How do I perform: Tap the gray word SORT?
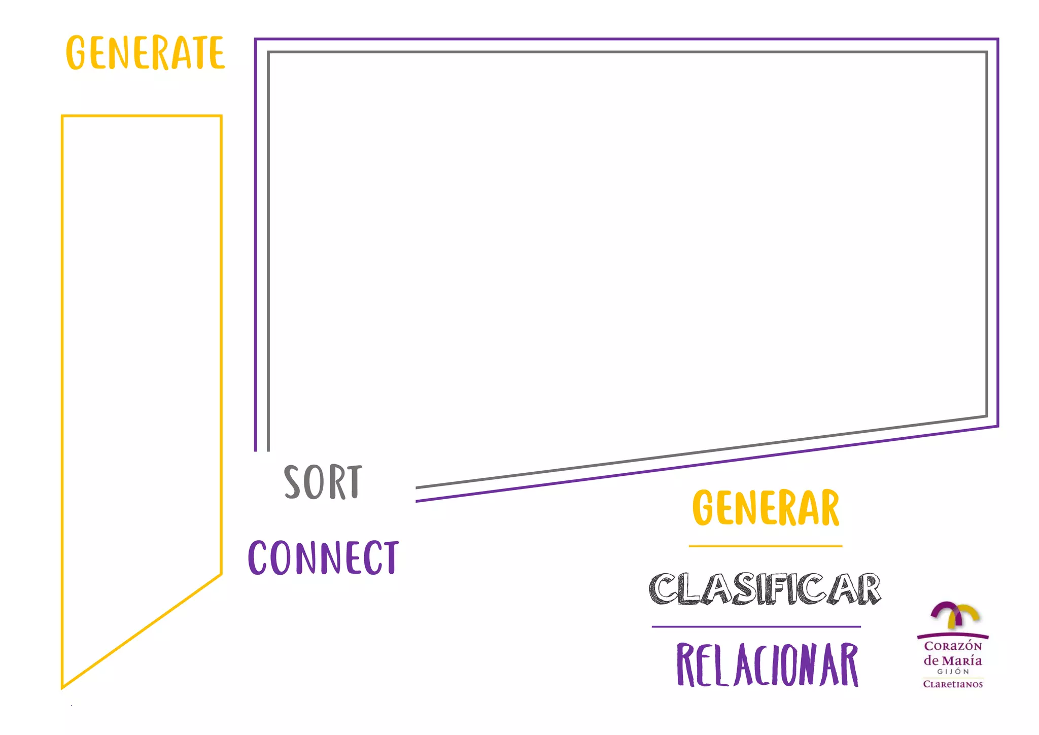click(x=323, y=482)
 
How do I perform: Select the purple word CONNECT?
click(x=323, y=557)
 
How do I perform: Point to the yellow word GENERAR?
click(x=766, y=508)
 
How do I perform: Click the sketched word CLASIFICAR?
click(x=765, y=589)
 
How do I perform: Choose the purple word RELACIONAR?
click(x=767, y=664)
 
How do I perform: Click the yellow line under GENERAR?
click(x=765, y=546)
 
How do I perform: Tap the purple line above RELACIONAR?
click(x=756, y=627)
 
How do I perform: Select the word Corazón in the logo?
click(x=953, y=646)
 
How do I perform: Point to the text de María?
click(x=952, y=660)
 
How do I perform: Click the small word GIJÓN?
click(x=953, y=672)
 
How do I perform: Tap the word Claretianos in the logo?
click(x=953, y=684)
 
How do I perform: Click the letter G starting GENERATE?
click(x=76, y=53)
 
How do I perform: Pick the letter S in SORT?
click(x=293, y=482)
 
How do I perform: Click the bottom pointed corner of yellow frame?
click(x=62, y=687)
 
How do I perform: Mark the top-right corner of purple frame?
click(x=997, y=39)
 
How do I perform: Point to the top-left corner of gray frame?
click(x=269, y=52)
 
